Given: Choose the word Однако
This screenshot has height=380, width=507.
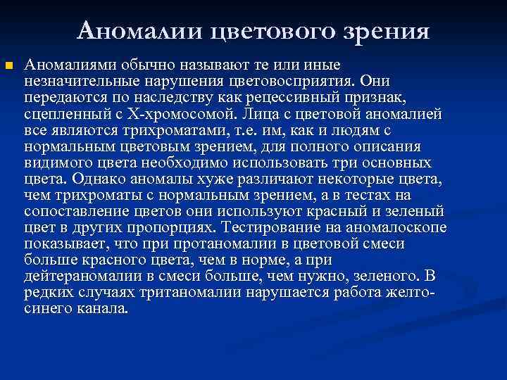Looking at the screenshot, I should [93, 179].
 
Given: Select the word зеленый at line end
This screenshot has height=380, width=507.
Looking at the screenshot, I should [418, 211].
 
